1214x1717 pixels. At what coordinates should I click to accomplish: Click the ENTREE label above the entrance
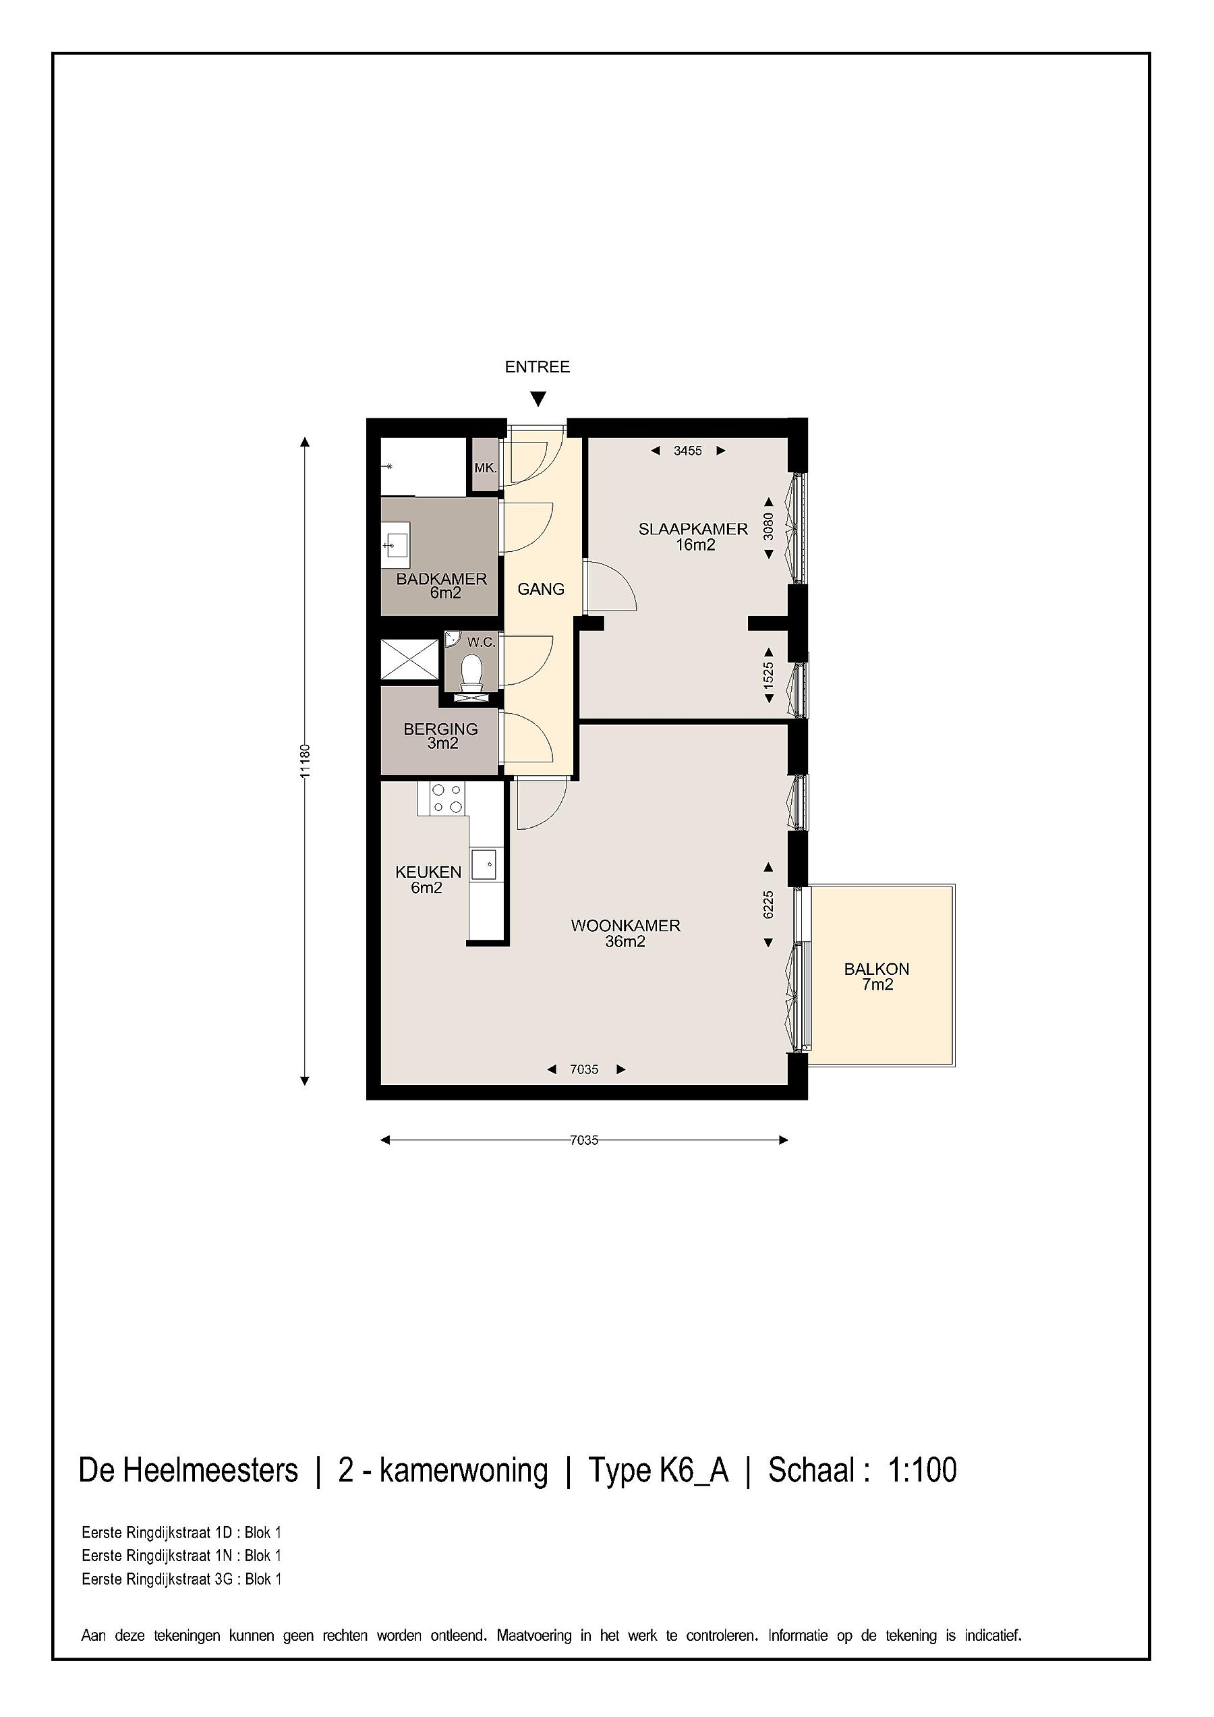[x=538, y=366]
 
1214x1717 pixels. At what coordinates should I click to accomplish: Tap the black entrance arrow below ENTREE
[x=538, y=399]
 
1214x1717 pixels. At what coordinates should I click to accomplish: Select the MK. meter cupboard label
[x=485, y=468]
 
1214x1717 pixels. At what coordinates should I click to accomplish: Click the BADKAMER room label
[x=442, y=578]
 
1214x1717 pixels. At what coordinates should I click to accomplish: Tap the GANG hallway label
[x=541, y=589]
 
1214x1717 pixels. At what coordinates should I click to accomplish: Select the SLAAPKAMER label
[x=693, y=529]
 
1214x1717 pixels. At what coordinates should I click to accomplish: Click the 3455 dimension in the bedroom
[x=688, y=451]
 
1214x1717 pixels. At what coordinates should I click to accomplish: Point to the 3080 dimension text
[x=768, y=526]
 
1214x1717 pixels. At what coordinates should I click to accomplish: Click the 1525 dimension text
[x=768, y=676]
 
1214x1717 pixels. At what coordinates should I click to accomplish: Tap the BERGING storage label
[x=440, y=729]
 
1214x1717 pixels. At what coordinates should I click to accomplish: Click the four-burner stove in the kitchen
[x=447, y=797]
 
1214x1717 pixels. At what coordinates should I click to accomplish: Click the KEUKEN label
[x=428, y=872]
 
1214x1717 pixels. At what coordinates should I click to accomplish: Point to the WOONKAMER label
[x=626, y=925]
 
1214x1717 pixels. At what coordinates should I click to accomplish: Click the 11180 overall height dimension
[x=304, y=761]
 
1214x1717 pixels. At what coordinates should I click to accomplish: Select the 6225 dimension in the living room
[x=768, y=905]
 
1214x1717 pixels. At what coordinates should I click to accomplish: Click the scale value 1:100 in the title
[x=923, y=1469]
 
